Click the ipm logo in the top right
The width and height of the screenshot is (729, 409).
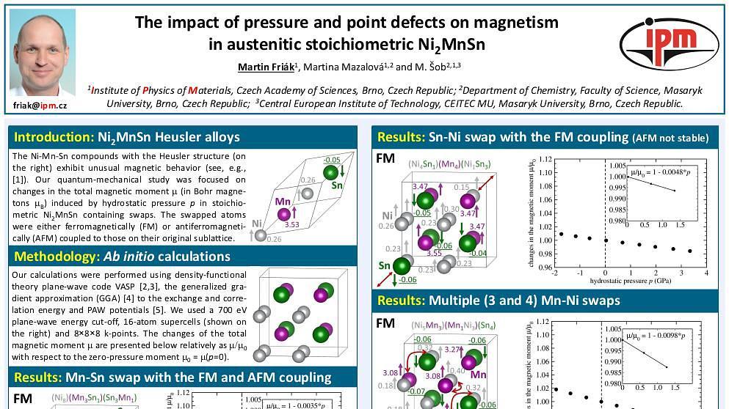[x=669, y=43]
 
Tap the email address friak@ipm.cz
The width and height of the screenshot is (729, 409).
[x=40, y=106]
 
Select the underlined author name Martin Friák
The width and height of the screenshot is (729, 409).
[x=265, y=67]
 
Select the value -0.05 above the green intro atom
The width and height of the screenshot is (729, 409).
[x=332, y=159]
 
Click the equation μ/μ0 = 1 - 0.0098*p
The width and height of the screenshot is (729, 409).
[x=656, y=336]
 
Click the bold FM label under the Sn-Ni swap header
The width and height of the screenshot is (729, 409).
[x=385, y=158]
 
